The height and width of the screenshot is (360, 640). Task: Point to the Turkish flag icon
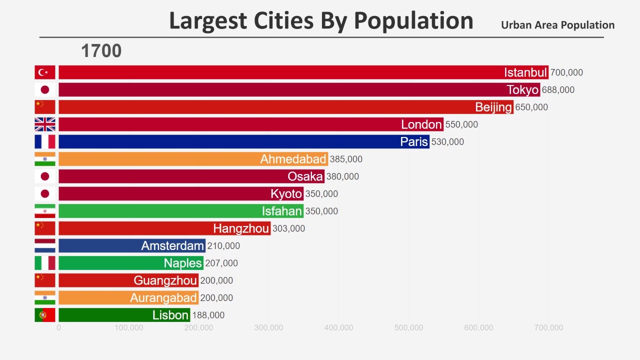44,72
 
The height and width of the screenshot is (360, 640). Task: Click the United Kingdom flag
44,124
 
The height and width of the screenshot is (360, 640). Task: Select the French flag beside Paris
44,141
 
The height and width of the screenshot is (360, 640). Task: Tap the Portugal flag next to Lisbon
44,315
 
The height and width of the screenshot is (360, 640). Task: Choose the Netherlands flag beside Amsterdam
44,245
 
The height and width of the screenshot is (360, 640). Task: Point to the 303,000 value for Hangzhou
288,228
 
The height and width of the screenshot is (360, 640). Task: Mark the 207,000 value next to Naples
221,263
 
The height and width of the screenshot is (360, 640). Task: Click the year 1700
101,50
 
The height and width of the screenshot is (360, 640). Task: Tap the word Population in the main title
413,21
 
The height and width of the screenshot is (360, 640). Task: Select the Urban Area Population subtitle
557,25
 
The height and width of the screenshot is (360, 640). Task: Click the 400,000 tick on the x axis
338,328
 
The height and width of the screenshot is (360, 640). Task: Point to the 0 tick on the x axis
59,328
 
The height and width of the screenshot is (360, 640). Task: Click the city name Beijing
493,107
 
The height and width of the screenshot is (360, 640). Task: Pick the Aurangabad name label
163,297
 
